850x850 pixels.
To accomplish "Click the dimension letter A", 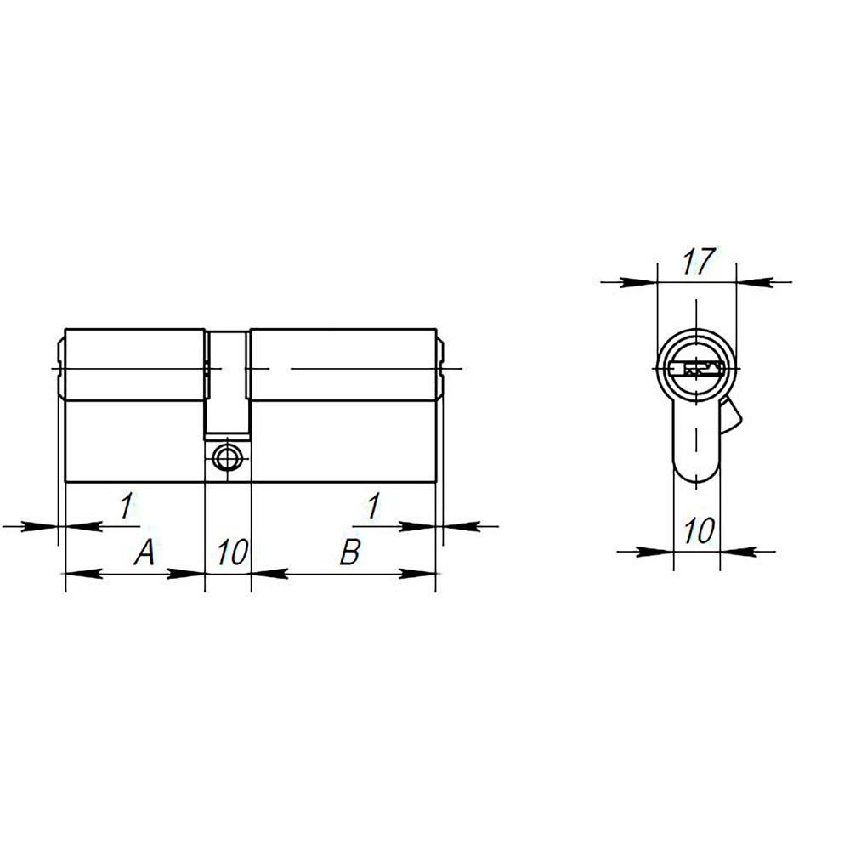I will click(145, 554).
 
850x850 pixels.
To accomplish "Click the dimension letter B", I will click(349, 552).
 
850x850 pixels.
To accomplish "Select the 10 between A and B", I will click(230, 553).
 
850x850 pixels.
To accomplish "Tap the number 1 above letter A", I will click(126, 507).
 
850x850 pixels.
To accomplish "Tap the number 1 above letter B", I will click(371, 507).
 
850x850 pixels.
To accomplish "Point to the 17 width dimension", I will click(697, 262).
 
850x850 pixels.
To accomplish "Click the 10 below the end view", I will click(698, 532).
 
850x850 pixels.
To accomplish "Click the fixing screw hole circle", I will click(227, 457).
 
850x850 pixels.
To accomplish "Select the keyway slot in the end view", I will click(696, 369).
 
